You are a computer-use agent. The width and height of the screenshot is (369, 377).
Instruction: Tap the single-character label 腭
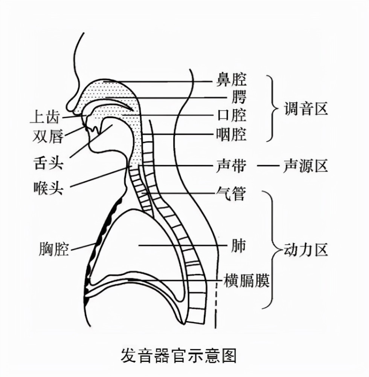pos(239,97)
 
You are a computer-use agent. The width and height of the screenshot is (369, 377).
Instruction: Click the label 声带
pos(231,166)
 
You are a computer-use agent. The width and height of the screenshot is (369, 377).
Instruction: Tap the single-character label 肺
pos(238,245)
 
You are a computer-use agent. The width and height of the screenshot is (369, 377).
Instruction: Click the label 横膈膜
pos(246,280)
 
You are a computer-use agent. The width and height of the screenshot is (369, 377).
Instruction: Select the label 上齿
pos(45,118)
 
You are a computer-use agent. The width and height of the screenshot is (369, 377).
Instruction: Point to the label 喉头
pos(49,188)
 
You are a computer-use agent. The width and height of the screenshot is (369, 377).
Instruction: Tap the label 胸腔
pos(54,249)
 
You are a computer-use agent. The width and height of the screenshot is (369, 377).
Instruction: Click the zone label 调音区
pos(306,109)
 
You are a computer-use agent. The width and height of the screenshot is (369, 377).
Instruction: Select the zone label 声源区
pos(305,166)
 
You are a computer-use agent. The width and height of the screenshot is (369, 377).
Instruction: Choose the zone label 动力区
pos(306,250)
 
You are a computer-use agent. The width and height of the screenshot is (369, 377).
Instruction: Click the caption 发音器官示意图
pos(178,356)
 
